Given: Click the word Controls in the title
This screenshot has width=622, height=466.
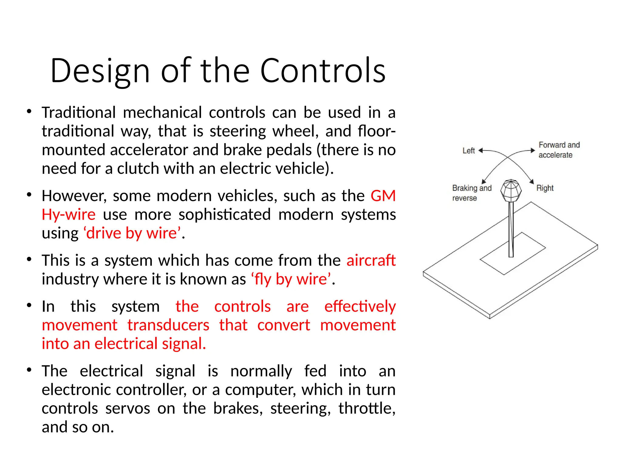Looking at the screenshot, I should point(323,71).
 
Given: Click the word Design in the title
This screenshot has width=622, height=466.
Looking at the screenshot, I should point(100,71).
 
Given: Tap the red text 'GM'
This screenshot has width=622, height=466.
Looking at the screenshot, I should point(383,196).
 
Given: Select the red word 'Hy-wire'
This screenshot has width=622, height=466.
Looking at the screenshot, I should point(69,215).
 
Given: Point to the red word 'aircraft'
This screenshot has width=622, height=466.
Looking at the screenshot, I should point(371,260).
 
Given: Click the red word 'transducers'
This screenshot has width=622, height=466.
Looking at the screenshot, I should point(168,325).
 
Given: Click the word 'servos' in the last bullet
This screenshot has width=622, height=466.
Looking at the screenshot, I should point(128,408).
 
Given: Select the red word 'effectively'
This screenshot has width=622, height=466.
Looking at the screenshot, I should point(360,306).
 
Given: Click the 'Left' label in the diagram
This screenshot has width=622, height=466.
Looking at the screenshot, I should point(468,151).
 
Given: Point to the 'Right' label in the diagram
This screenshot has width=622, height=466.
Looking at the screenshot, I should point(545,188).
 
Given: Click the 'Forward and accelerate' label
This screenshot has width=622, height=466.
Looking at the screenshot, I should point(559,150).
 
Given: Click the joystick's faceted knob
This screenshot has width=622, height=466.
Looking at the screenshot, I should point(511,191).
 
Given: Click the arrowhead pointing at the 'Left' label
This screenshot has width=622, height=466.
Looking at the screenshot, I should point(480,150).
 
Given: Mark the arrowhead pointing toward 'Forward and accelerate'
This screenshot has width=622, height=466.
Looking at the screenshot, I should point(532,150).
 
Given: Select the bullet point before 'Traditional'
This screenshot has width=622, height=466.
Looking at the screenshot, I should point(29,112).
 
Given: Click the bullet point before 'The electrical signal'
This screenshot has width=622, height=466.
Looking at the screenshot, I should point(29,370).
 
